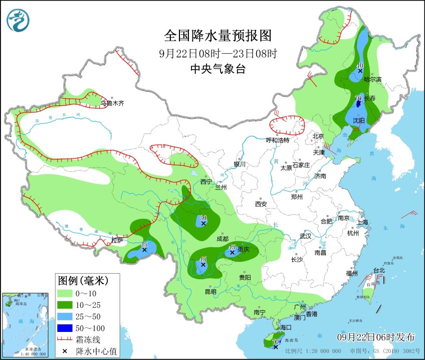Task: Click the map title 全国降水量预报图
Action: click(218, 36)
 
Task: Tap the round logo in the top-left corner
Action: click(18, 21)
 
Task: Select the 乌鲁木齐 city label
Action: click(112, 103)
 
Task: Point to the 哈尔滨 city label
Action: click(372, 79)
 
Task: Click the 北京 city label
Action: click(318, 136)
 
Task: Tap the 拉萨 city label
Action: click(117, 241)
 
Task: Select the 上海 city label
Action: click(362, 222)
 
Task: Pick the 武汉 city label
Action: click(305, 236)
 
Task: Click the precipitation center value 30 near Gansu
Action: click(203, 218)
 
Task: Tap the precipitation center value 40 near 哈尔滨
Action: click(359, 65)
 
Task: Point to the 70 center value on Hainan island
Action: click(275, 341)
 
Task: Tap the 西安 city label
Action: click(261, 204)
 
